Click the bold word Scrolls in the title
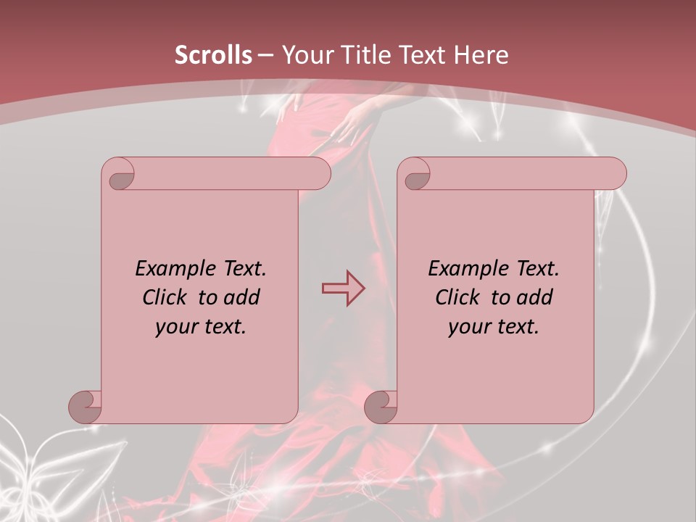(213, 55)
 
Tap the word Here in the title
(481, 55)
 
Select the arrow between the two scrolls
(343, 289)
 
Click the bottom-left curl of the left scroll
(86, 406)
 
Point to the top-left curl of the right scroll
(415, 176)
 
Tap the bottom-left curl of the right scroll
(381, 406)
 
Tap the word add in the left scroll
(242, 297)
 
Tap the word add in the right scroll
(535, 297)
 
